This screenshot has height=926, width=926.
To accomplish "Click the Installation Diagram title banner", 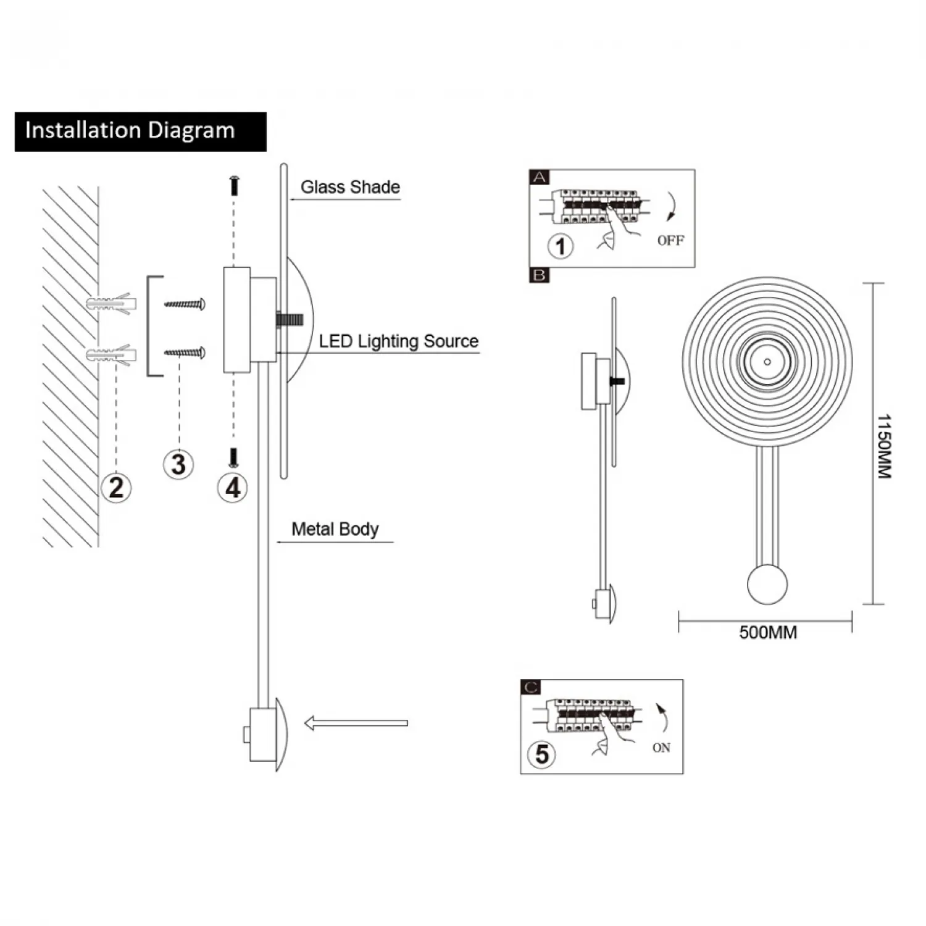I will (140, 131).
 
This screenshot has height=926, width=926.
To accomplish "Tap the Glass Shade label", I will (350, 187).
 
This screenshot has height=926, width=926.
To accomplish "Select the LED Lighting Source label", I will (398, 341).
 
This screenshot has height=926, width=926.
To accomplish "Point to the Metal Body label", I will (335, 529).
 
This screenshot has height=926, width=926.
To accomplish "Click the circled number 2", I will (116, 488).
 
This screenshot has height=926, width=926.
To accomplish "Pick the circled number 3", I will (178, 464).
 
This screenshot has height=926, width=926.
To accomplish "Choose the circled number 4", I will (233, 488).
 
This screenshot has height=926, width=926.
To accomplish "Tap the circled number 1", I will (561, 246).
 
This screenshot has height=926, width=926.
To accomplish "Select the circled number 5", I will (541, 754).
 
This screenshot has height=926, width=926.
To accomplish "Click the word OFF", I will (670, 241).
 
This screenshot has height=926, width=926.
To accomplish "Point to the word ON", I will (661, 748).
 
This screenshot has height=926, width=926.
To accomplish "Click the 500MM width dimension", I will (768, 633).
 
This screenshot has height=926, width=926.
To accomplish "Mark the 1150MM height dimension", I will (884, 446).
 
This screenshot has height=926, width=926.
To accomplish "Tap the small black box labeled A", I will (540, 178).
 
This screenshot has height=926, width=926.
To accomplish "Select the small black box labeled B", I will (540, 275).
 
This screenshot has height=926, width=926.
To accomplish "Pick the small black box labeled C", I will (531, 687).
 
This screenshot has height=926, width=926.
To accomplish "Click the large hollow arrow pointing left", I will (356, 723).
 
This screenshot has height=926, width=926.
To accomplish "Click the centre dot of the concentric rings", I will (767, 362).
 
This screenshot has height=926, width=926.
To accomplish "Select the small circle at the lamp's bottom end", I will (767, 584).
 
